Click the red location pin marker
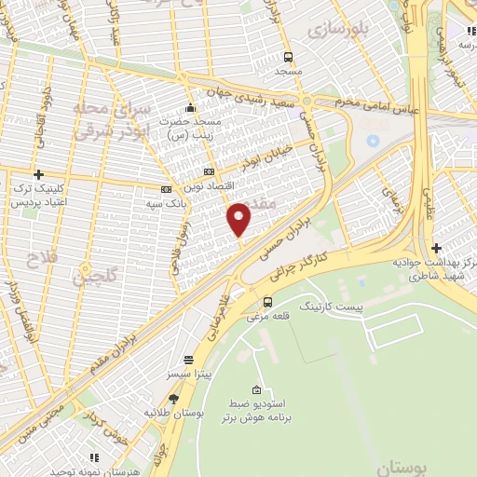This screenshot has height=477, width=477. (239, 218)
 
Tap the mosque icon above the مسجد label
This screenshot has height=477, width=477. (288, 56)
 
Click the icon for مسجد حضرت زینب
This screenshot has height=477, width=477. (191, 106)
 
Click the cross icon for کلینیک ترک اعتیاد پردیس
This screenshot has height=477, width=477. (38, 174)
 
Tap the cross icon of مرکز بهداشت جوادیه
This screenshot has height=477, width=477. (436, 247)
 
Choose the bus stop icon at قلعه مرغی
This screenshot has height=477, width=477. (268, 301)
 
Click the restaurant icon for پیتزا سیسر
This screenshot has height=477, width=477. (189, 360)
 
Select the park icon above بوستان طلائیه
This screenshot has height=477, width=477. (173, 398)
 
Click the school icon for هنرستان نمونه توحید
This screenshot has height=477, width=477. (94, 457)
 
